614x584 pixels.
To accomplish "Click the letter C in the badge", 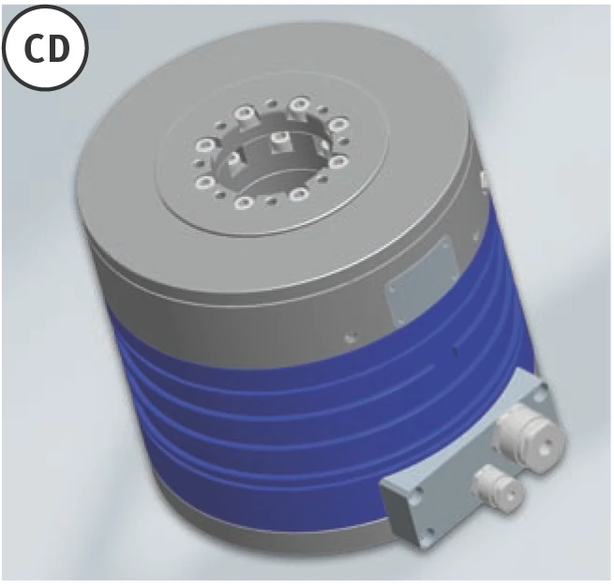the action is [36, 49].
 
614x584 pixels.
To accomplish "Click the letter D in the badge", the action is [58, 49].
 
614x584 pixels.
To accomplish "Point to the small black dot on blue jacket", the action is [455, 351].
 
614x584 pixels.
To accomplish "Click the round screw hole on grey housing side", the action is [351, 337].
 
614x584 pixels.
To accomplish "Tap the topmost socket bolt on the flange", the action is [299, 104].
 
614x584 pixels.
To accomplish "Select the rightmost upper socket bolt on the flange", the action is [338, 125].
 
